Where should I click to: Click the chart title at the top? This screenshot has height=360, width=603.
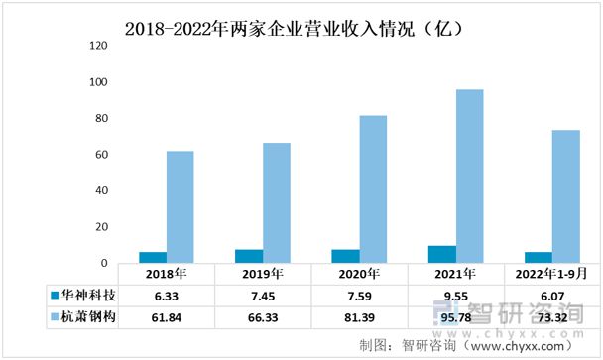click(x=298, y=28)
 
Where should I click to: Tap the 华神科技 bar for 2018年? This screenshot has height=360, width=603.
click(x=153, y=258)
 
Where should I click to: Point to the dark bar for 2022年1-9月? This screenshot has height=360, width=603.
click(x=539, y=258)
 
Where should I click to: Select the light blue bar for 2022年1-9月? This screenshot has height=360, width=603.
click(x=565, y=196)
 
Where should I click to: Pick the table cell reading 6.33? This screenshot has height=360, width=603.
click(x=166, y=296)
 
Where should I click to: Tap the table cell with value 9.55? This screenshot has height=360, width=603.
click(x=455, y=296)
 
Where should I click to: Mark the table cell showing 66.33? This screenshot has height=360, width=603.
click(x=263, y=317)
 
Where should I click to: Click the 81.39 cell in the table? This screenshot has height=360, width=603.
click(x=360, y=317)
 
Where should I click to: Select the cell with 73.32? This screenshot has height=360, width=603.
click(x=552, y=317)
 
